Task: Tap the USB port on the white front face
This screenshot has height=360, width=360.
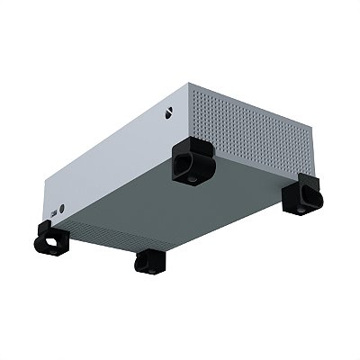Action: (x=61, y=212)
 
